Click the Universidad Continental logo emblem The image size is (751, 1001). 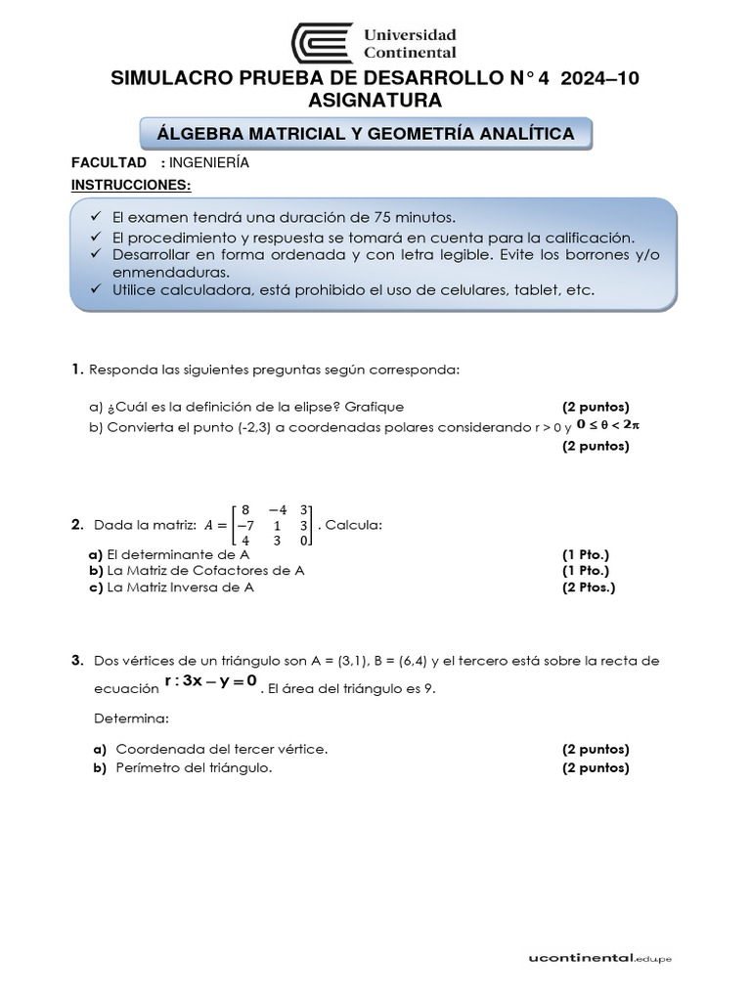321,43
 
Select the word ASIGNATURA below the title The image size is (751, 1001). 375,101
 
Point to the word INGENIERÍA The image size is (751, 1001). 209,163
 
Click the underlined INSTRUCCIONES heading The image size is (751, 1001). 131,185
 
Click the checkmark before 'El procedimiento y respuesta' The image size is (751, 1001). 95,237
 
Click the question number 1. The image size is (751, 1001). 76,370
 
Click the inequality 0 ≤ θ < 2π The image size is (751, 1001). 613,425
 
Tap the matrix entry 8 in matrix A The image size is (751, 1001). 245,509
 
